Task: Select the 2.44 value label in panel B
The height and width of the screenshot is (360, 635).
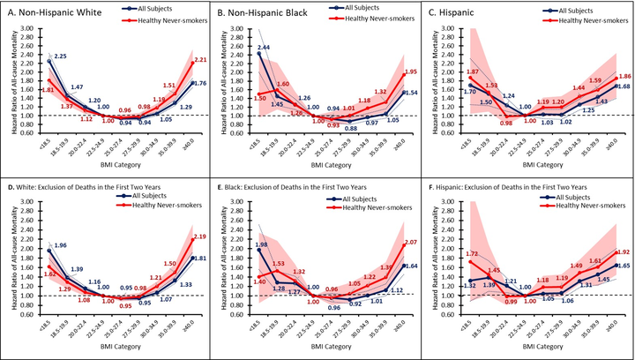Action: (239, 47)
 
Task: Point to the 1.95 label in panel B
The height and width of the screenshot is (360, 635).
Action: (410, 72)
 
